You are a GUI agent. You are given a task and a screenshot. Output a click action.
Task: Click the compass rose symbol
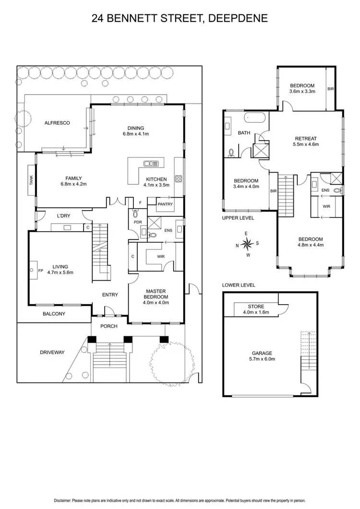point(247,243)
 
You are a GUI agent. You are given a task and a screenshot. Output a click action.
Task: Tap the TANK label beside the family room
point(32,181)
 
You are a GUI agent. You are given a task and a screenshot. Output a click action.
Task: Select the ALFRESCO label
point(57,123)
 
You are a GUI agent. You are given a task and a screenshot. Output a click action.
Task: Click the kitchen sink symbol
point(151,164)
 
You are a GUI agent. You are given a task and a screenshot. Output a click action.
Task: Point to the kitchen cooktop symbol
point(178,178)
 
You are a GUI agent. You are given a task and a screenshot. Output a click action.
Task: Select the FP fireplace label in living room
point(41,271)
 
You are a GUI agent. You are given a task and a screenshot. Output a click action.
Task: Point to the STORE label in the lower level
point(255,306)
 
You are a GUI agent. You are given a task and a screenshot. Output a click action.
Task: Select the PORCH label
point(108,326)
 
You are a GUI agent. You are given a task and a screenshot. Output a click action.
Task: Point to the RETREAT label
point(306,138)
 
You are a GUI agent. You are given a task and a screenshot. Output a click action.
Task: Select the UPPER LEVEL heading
point(238,218)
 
